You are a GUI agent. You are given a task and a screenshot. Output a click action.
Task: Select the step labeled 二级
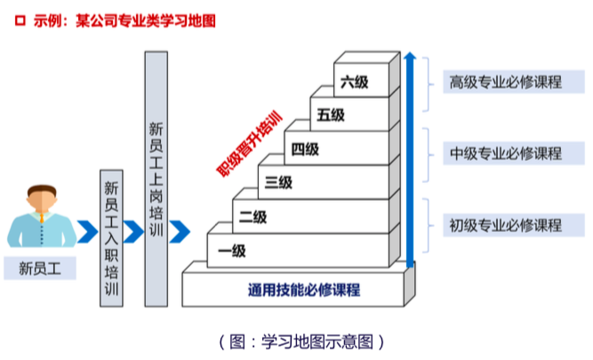tap(252, 217)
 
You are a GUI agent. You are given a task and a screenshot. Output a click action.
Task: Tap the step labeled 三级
tap(278, 183)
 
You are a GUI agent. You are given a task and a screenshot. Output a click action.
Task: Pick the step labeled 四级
tap(304, 149)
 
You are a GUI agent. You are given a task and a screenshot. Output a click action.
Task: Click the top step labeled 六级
tap(353, 83)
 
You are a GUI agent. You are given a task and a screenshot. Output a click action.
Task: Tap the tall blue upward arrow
tap(410, 160)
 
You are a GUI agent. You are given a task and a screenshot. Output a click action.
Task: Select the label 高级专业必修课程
tap(505, 83)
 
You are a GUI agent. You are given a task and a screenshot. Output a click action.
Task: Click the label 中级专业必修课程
tap(505, 154)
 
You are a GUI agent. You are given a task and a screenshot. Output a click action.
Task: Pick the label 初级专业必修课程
tap(505, 225)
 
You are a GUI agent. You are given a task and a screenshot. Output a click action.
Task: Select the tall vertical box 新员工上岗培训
tap(156, 179)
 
